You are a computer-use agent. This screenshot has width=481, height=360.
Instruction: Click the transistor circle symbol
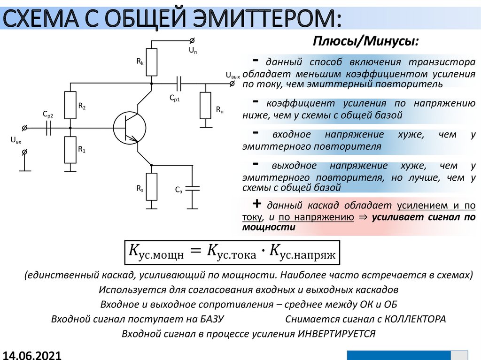129,127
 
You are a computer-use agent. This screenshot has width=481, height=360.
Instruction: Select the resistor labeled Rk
151,62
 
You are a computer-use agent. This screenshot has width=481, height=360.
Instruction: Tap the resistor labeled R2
70,106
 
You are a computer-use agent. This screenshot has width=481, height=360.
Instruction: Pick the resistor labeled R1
70,150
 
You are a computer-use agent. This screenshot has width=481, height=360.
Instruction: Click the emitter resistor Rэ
151,187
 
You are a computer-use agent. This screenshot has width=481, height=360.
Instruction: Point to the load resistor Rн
205,106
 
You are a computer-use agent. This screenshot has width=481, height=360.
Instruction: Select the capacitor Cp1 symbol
178,84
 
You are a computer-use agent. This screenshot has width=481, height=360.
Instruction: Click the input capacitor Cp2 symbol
48,128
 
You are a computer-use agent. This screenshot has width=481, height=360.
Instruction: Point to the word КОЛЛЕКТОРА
415,319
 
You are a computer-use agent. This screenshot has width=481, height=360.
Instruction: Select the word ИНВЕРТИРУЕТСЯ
336,334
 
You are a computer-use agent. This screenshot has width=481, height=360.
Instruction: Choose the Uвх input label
16,140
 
